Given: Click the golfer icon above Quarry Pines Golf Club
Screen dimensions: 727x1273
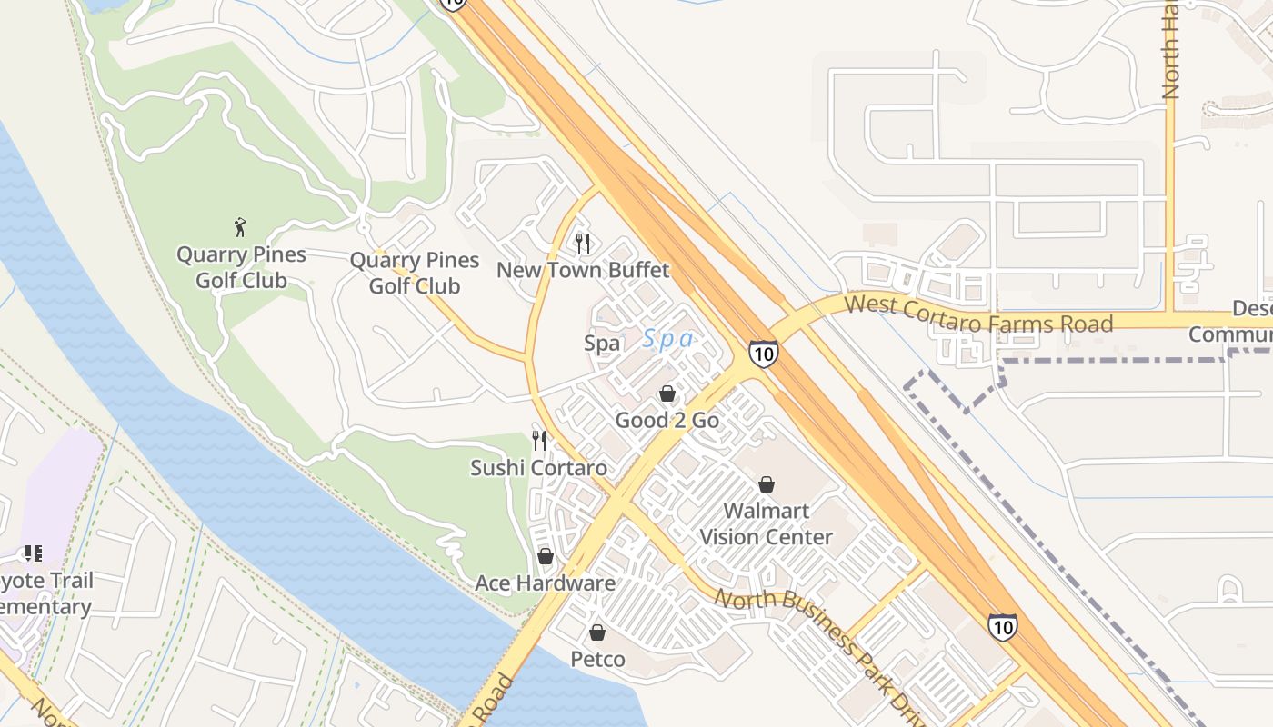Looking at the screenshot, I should click(x=240, y=227).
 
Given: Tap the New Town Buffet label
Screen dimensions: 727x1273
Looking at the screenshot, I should click(x=583, y=270).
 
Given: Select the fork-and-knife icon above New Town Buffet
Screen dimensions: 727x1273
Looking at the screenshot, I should click(x=583, y=243).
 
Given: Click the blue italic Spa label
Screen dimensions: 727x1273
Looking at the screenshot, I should click(x=668, y=340).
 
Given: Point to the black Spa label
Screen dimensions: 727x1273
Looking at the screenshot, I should click(x=602, y=344).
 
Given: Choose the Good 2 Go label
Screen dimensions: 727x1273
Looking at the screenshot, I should click(x=667, y=420).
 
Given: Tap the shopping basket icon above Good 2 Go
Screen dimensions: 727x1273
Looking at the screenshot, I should click(x=667, y=393).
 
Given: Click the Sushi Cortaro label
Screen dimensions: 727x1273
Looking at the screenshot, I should click(x=538, y=468).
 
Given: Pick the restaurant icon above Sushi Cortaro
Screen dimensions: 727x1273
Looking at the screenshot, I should click(x=539, y=441).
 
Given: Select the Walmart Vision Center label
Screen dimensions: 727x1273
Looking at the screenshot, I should click(x=767, y=523).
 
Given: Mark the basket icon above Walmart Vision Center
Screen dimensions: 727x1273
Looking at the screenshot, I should click(x=767, y=484).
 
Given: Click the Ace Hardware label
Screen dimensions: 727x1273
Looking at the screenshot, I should click(x=546, y=583).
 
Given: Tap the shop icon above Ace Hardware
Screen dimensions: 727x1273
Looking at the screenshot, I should click(x=546, y=556).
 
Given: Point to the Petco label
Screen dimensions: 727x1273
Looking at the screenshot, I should click(x=597, y=659).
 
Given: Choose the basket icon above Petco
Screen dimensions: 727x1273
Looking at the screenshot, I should click(x=597, y=632).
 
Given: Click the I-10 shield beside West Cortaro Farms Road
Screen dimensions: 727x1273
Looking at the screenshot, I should click(x=764, y=353).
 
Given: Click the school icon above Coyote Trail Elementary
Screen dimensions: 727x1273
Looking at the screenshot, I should click(x=34, y=553).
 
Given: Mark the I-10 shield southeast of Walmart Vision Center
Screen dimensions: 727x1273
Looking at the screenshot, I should click(x=1002, y=626).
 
